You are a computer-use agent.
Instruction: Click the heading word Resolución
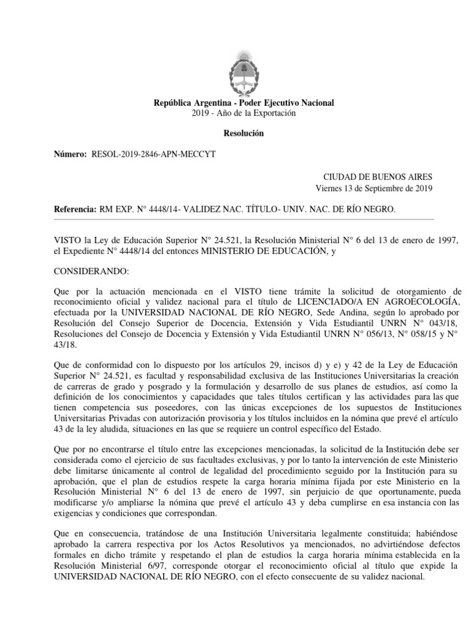(x=243, y=133)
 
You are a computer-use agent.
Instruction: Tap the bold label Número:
(x=71, y=155)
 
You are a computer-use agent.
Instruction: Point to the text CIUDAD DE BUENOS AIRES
(x=378, y=176)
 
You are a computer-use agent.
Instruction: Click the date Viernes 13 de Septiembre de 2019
(x=374, y=188)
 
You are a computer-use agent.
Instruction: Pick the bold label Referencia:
(x=75, y=209)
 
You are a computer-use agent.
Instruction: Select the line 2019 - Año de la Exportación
(x=243, y=113)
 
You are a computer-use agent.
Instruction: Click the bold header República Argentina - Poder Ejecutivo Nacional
(x=243, y=103)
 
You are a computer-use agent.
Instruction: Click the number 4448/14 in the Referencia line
(x=161, y=209)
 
